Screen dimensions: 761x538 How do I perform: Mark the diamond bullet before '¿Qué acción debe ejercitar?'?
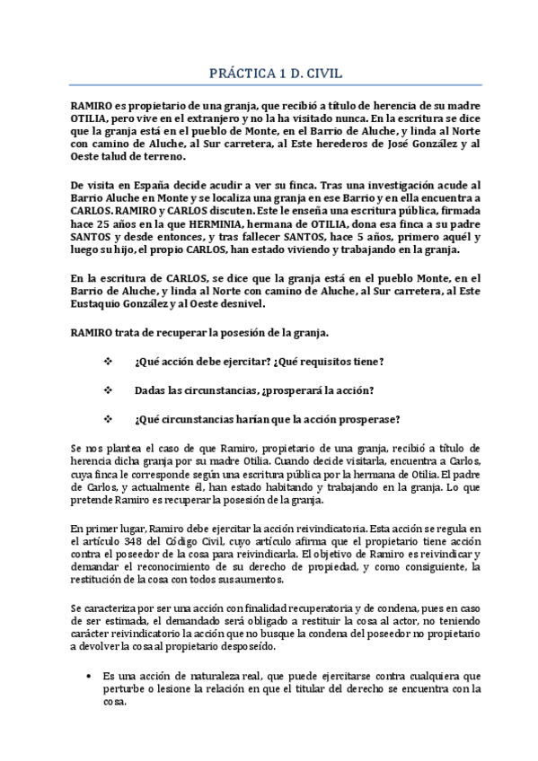pyautogui.click(x=109, y=362)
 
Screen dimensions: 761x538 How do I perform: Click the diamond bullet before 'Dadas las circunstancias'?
pyautogui.click(x=109, y=390)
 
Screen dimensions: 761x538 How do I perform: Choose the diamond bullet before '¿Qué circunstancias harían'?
pyautogui.click(x=109, y=420)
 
